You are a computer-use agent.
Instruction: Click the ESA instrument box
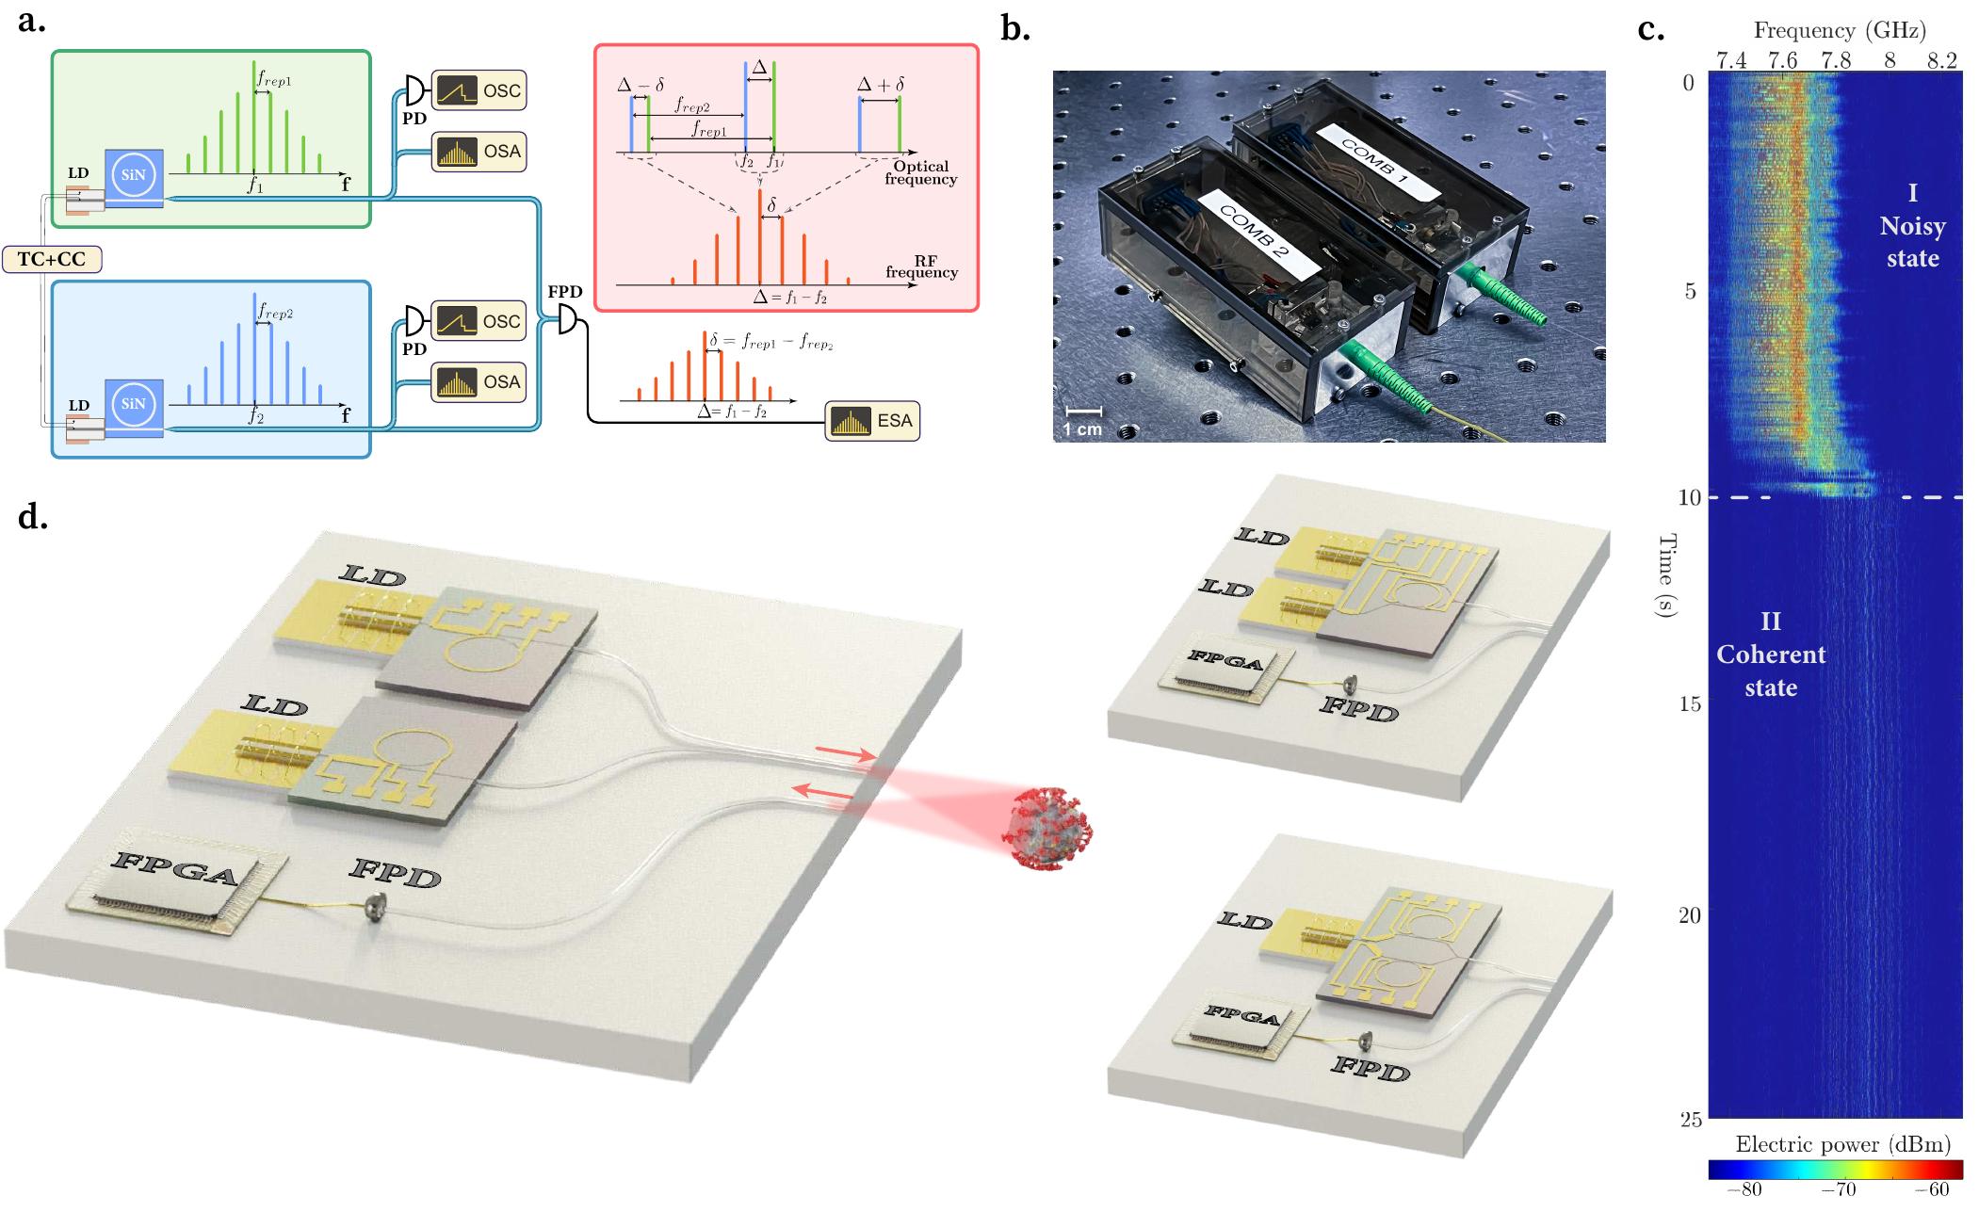(x=872, y=421)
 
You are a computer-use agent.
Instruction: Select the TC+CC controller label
(x=52, y=259)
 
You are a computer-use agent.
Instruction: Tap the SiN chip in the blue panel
(x=134, y=404)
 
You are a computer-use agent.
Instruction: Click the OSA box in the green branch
(x=478, y=153)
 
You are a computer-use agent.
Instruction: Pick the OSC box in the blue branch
(x=478, y=322)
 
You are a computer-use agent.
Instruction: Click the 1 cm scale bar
(x=1083, y=412)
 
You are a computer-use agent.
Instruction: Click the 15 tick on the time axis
(x=1689, y=704)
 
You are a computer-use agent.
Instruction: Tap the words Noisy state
(x=1912, y=242)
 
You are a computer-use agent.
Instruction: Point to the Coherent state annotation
(x=1771, y=671)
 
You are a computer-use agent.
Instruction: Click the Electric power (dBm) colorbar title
(x=1842, y=1144)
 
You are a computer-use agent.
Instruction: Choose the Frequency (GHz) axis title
(x=1838, y=31)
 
